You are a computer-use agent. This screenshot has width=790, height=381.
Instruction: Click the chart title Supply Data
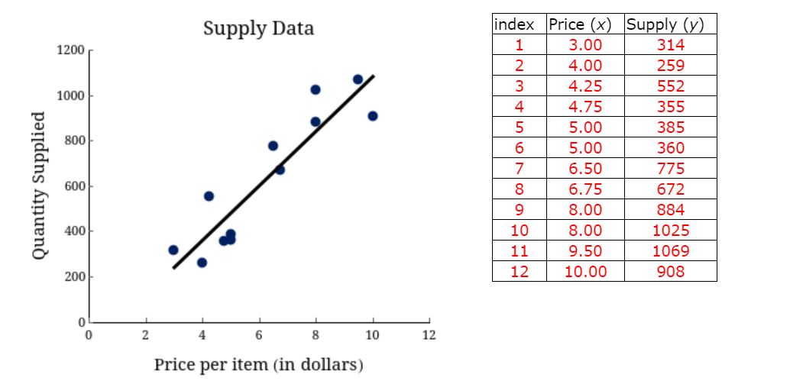point(258,29)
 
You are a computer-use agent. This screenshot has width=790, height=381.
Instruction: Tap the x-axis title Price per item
point(258,363)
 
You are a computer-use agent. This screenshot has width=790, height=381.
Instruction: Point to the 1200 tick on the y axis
point(70,50)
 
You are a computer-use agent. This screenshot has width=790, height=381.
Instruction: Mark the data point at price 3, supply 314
point(173,250)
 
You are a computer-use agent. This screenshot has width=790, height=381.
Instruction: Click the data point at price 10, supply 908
point(373,116)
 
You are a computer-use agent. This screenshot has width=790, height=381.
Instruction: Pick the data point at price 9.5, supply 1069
point(358,79)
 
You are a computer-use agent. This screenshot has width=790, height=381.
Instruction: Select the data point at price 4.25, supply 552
point(209,196)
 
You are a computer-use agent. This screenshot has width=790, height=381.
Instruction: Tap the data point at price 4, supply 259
point(202,263)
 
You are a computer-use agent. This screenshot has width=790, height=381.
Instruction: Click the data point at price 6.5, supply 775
point(273,146)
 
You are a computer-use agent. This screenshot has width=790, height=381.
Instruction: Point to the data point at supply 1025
point(316,89)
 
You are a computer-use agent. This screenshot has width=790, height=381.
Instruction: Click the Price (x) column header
point(584,24)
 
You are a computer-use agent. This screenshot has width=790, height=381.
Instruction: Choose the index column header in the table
point(519,24)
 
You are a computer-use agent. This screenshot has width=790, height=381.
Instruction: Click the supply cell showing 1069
point(670,250)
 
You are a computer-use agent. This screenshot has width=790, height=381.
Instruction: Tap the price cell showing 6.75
point(584,189)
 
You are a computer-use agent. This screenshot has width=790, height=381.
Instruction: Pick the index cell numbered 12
point(519,271)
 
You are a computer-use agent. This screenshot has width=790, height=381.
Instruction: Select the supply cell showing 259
point(670,65)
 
